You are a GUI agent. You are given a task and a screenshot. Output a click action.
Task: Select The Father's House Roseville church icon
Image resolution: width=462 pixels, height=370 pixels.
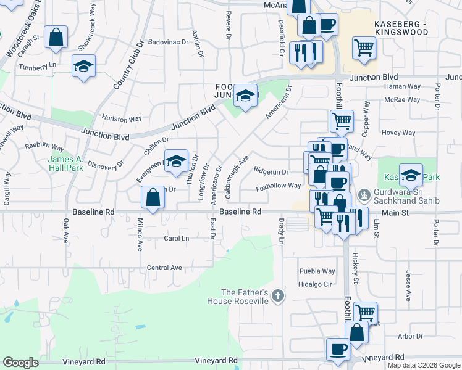[278, 296]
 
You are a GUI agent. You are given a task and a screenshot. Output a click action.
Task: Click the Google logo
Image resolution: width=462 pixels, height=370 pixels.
[20, 363]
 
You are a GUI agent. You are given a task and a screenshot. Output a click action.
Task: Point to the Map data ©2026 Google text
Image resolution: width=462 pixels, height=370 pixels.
[424, 365]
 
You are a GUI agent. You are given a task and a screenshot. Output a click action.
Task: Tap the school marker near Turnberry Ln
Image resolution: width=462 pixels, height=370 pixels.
[83, 67]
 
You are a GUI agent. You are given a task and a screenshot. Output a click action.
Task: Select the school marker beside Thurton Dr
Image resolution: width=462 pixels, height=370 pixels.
[176, 162]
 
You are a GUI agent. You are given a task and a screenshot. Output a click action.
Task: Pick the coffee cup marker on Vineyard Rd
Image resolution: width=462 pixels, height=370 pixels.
[338, 350]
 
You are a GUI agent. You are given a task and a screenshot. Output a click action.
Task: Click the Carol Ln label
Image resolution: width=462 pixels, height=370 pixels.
[176, 238]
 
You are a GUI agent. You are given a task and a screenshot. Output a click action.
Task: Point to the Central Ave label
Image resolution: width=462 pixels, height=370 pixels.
[164, 268]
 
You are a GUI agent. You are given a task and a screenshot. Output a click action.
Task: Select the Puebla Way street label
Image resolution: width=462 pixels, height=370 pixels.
[317, 271]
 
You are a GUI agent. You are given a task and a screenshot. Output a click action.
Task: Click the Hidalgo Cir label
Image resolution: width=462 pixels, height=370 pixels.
[316, 284]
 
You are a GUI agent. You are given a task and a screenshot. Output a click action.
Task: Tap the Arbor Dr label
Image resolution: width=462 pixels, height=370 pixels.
[410, 337]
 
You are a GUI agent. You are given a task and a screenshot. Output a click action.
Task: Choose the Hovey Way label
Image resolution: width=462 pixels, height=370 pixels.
[398, 133]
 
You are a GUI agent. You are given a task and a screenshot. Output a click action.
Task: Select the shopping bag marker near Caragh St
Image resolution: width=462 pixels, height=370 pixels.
[56, 37]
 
